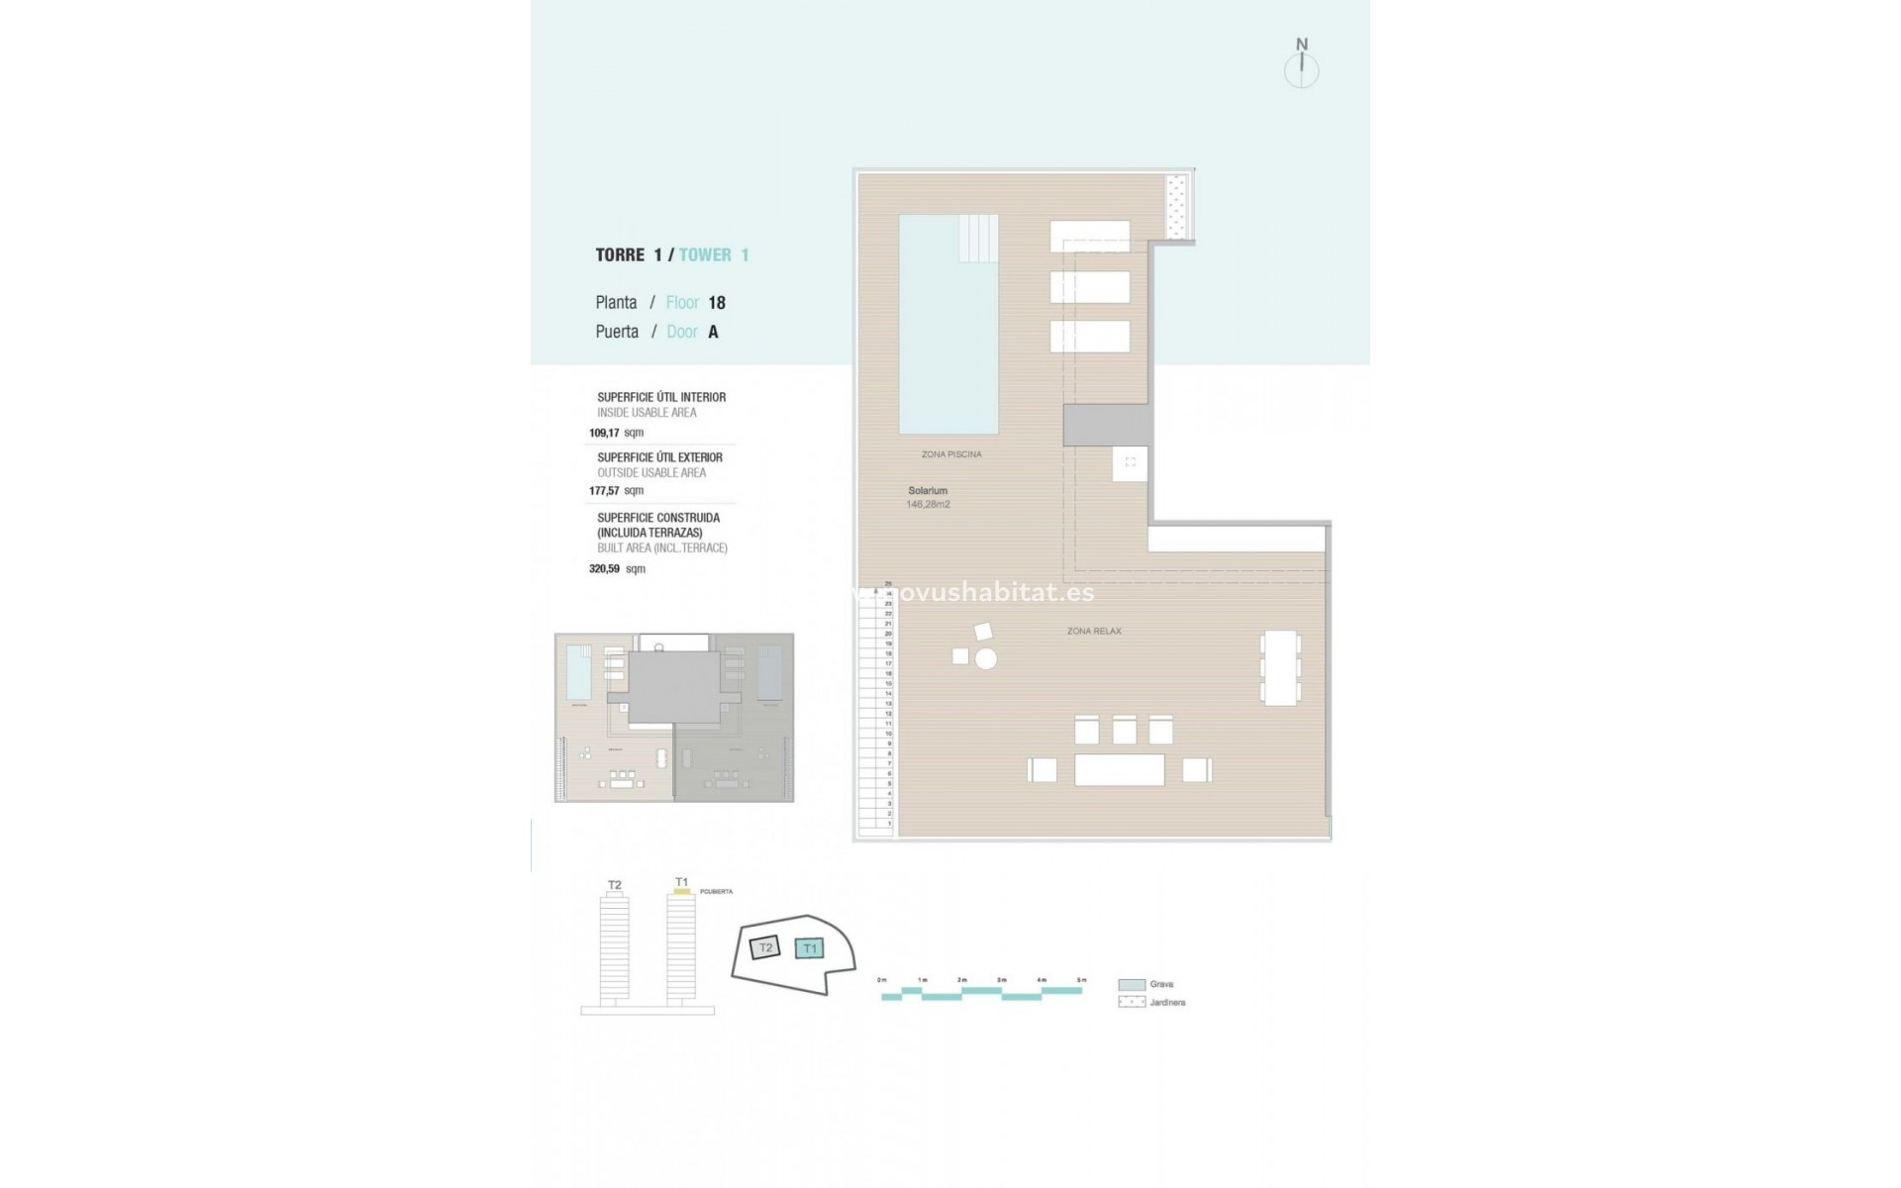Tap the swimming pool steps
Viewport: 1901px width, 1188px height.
pos(978,238)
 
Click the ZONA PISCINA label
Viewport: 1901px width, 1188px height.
pos(950,454)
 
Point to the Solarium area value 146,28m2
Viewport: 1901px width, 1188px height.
pos(928,505)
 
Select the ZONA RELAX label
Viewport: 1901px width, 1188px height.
pos(1094,631)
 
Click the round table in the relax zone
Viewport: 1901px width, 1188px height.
pos(985,658)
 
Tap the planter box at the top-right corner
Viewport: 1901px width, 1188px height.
pos(1177,207)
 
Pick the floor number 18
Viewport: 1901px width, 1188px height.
pos(717,303)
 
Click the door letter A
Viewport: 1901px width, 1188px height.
pos(713,333)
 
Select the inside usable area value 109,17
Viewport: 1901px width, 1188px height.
pos(604,433)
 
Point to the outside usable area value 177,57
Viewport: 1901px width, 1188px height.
pos(604,490)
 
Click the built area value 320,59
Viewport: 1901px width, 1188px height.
pos(604,569)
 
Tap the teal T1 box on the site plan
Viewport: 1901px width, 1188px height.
pos(810,948)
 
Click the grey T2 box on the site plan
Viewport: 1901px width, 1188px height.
pos(764,947)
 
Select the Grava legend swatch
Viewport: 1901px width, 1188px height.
pos(1132,985)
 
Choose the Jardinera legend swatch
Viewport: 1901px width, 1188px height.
pos(1132,1002)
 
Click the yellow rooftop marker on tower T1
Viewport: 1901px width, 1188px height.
pos(681,892)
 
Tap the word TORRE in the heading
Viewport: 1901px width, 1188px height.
pos(620,255)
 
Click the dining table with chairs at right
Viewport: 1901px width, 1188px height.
pos(1279,668)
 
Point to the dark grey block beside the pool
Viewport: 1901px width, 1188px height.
pos(1107,425)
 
